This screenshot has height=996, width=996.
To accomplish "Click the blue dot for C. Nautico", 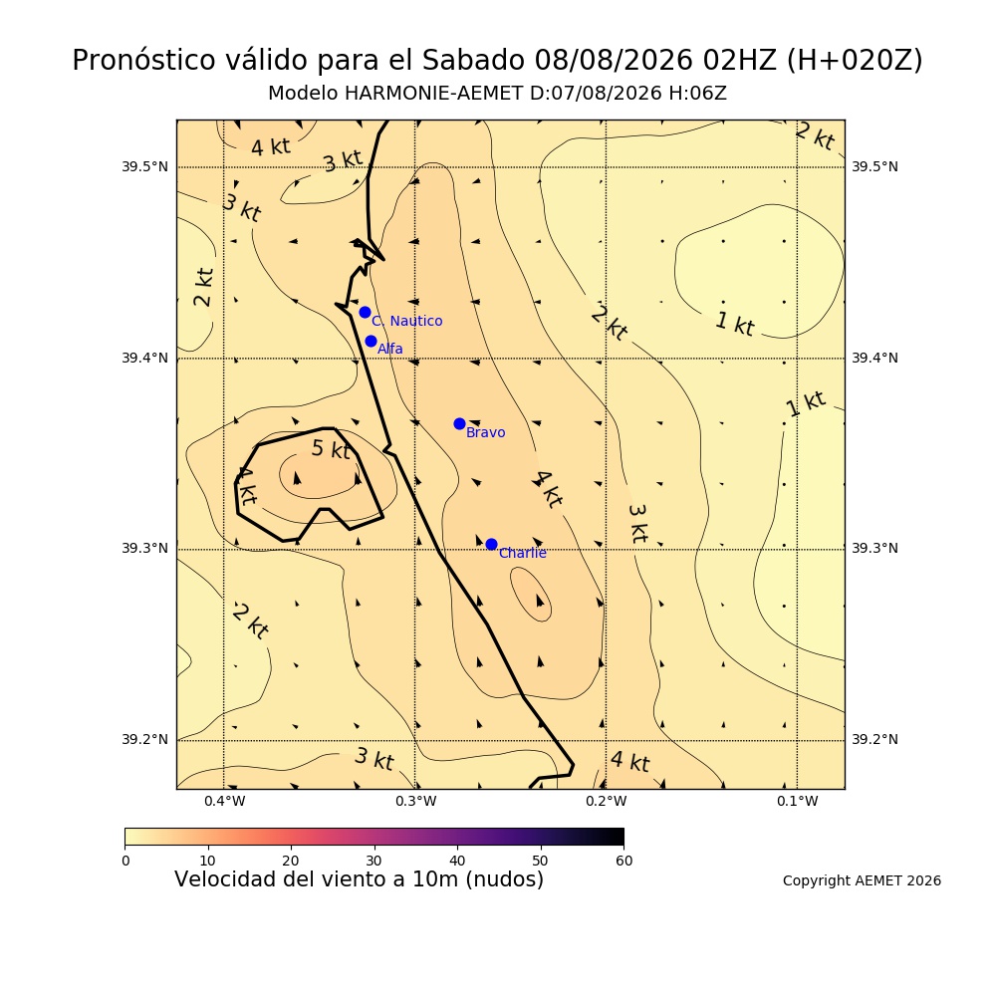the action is click(x=365, y=312).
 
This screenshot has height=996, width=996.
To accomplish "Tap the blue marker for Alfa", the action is click(x=371, y=341).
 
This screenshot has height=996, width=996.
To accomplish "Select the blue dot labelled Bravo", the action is click(x=459, y=423).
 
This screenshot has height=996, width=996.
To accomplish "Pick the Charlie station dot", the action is click(x=491, y=545).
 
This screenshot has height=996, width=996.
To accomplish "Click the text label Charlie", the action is click(x=522, y=553).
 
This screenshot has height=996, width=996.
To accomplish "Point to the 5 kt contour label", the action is click(x=331, y=449).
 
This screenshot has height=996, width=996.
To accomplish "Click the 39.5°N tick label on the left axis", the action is click(x=144, y=167).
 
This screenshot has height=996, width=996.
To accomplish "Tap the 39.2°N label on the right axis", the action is click(x=874, y=739).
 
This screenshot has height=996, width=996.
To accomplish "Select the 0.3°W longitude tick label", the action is click(x=415, y=802).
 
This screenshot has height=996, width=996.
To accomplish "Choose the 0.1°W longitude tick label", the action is click(x=797, y=802).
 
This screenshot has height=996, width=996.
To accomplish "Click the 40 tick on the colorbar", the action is click(x=457, y=861).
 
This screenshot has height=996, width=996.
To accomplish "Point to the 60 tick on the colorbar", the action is click(x=623, y=861).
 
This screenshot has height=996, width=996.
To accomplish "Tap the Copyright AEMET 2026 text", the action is click(x=862, y=881).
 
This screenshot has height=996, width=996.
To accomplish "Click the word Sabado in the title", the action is click(x=473, y=61).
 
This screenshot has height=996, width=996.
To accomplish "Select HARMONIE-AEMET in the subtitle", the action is click(x=433, y=94).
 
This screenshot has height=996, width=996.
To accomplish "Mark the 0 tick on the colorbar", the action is click(x=125, y=861).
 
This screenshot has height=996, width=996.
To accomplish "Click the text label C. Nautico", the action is click(x=407, y=322).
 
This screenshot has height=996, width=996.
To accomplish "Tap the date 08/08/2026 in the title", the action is click(x=614, y=61).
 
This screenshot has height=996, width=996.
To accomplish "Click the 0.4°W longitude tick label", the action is click(x=224, y=802).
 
